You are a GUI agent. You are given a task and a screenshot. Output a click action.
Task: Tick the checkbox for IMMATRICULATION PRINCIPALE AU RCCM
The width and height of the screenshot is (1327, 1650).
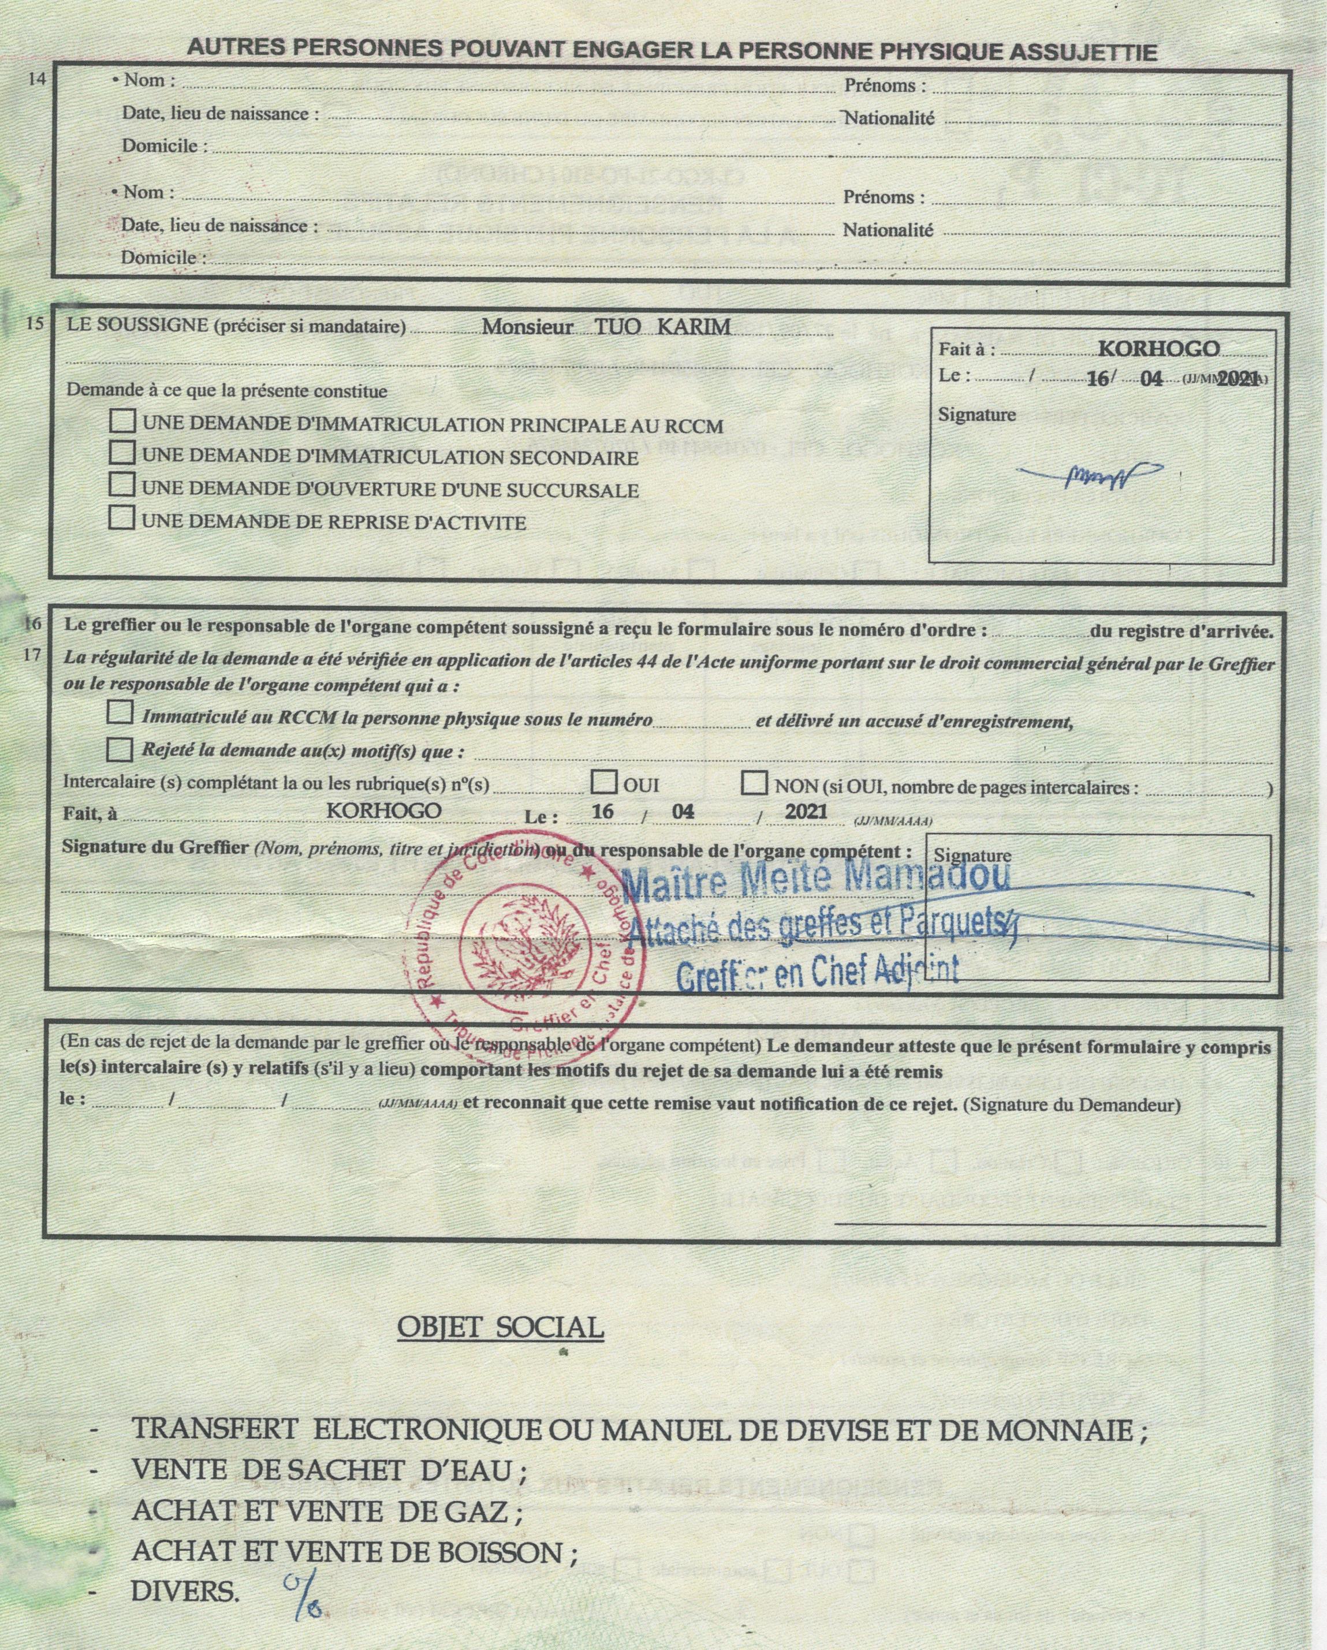[x=122, y=421]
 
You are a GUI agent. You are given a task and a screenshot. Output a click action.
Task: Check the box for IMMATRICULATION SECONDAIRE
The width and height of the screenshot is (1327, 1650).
[x=122, y=453]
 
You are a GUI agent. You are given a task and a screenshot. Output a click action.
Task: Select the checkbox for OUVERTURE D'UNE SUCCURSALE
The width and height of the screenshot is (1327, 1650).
[x=122, y=485]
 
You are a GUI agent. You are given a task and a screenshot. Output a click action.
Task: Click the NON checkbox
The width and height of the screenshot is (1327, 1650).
[x=755, y=783]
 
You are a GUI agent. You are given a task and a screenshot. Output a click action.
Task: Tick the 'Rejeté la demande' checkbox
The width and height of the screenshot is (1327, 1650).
[x=120, y=748]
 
